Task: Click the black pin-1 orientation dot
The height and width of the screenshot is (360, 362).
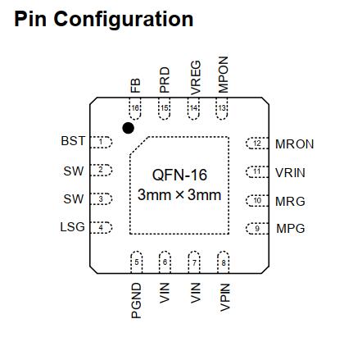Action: click(128, 128)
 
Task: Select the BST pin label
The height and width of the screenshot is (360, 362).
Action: click(73, 141)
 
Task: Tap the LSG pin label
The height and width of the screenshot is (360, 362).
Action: click(72, 227)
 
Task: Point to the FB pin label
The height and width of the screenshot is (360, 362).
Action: click(135, 85)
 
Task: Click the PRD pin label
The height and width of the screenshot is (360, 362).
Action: click(165, 80)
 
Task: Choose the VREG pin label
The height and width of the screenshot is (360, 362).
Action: click(196, 78)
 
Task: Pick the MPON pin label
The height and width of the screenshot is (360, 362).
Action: click(223, 75)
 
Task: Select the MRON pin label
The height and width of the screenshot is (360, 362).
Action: click(295, 144)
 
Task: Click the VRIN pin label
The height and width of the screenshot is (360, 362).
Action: click(290, 173)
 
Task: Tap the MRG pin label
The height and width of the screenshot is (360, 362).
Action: click(290, 202)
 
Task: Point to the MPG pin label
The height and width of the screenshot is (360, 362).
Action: click(291, 228)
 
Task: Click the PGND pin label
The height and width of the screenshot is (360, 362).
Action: click(136, 301)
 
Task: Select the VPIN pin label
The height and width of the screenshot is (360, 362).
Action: click(225, 298)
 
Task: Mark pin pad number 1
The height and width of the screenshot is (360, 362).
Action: click(101, 142)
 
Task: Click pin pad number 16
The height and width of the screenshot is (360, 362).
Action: click(135, 108)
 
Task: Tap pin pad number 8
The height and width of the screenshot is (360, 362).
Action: click(224, 262)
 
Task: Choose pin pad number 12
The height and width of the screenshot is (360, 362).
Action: click(257, 144)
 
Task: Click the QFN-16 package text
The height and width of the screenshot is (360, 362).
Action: click(179, 175)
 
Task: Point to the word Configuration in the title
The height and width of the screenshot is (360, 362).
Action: click(124, 20)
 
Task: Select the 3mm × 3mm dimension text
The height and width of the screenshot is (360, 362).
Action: click(179, 195)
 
